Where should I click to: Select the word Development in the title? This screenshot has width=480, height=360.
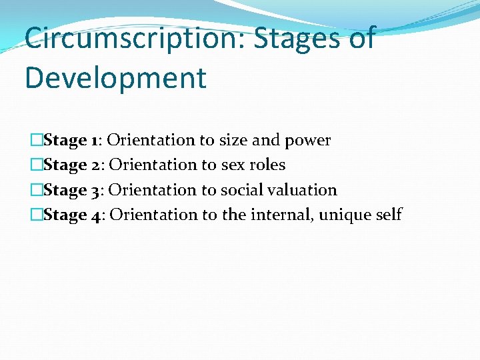click(115, 77)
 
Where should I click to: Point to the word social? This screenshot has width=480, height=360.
click(243, 190)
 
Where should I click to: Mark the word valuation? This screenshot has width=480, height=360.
click(304, 190)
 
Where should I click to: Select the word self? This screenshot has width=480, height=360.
click(389, 215)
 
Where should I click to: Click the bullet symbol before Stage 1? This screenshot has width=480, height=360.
click(37, 140)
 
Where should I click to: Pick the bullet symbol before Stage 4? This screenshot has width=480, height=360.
click(37, 215)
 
